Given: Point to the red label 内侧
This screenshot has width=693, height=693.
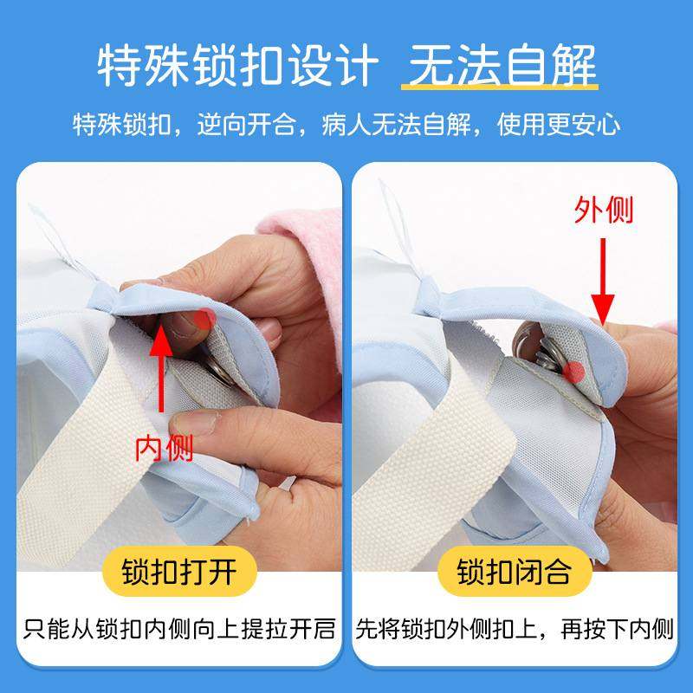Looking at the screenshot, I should pos(164,448).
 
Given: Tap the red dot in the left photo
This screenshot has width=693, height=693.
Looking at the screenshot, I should pos(205,318).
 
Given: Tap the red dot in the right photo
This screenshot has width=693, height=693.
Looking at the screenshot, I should pos(573,372).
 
